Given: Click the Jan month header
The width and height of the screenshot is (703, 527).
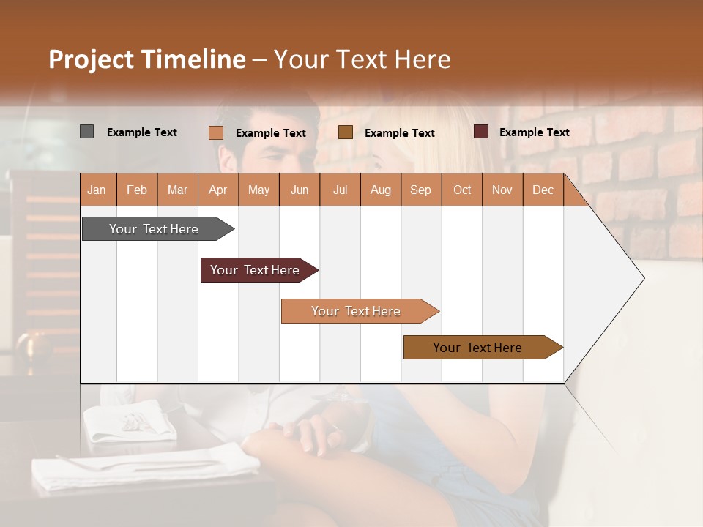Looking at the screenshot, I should (97, 190).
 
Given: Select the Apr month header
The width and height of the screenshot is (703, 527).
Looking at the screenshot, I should (217, 190).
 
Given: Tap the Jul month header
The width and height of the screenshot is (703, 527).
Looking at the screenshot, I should (340, 190).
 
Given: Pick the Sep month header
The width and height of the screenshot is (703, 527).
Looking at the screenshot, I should (420, 190).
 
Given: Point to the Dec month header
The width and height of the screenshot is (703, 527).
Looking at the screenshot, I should (543, 190).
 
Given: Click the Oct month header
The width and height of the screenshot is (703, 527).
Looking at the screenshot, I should (462, 190).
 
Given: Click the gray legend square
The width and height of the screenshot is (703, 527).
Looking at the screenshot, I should (87, 132).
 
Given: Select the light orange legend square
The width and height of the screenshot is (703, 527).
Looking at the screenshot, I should (216, 132).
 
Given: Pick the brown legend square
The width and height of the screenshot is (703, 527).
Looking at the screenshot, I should (346, 132).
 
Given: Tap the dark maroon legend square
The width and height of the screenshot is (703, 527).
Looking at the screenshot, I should (481, 132).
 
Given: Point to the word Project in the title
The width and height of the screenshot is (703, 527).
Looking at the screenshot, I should (89, 59).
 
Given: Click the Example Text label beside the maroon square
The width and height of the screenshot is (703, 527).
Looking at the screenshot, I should (534, 132).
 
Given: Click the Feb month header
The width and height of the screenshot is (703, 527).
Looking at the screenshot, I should (137, 190).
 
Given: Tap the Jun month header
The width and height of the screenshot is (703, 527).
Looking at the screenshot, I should (300, 190).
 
